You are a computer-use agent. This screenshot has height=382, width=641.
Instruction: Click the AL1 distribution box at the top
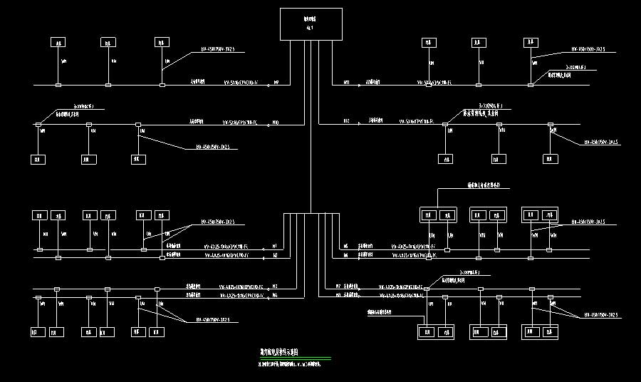[311, 24]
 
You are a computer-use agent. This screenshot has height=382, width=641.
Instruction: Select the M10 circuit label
[276, 123]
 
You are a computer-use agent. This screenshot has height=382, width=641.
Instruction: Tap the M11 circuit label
[347, 83]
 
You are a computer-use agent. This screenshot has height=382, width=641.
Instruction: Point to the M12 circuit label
[347, 120]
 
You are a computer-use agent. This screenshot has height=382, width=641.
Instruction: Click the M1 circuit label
[275, 246]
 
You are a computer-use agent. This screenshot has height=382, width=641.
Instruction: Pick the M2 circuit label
[275, 254]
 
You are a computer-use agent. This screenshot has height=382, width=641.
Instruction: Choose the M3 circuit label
[275, 286]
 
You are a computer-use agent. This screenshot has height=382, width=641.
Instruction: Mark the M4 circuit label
[275, 294]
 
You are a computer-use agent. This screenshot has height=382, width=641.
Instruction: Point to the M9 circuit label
[276, 83]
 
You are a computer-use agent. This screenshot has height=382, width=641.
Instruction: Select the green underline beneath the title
[295, 358]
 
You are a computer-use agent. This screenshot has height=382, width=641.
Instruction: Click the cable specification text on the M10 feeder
[238, 123]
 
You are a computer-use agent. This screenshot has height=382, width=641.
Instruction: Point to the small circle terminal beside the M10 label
[266, 124]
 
